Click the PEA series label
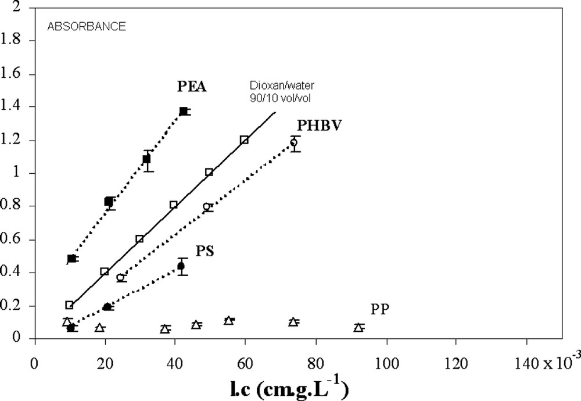pyautogui.click(x=192, y=87)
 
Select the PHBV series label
pyautogui.click(x=318, y=126)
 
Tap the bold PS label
pyautogui.click(x=203, y=251)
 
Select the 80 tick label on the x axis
pyautogui.click(x=315, y=355)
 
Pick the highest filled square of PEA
pyautogui.click(x=184, y=111)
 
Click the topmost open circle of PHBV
pyautogui.click(x=294, y=142)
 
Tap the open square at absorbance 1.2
pyautogui.click(x=244, y=139)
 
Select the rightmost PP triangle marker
pyautogui.click(x=359, y=328)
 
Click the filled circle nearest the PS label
pyautogui.click(x=181, y=266)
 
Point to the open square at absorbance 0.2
pyautogui.click(x=69, y=305)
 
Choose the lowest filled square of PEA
pyautogui.click(x=71, y=259)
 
